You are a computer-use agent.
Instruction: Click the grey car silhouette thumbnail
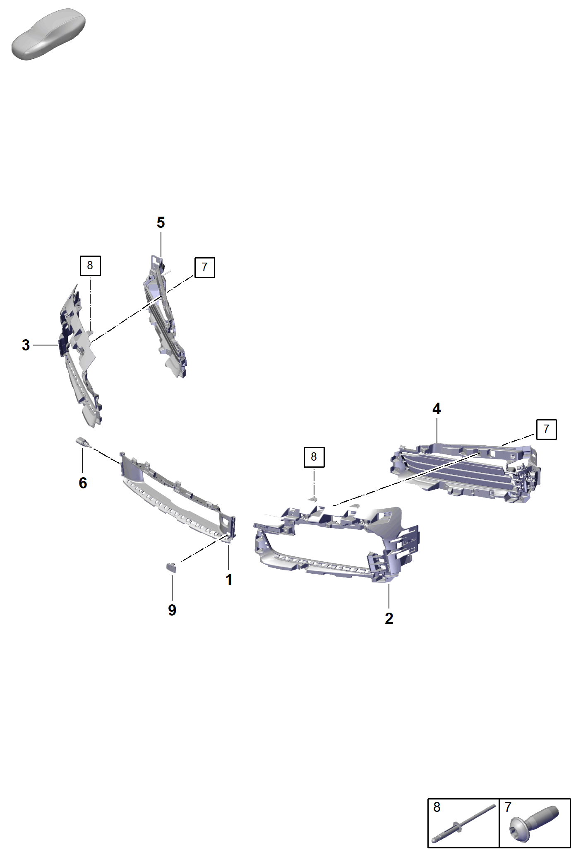coord(48,34)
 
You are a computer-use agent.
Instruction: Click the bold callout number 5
coord(161,222)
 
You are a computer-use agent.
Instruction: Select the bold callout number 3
coord(26,345)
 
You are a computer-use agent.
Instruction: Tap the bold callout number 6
coord(83,483)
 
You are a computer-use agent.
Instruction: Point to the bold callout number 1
coord(228,580)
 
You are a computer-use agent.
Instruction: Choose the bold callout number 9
coord(172,610)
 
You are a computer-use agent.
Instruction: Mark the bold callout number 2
coord(389,618)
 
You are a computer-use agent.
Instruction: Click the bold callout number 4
coord(437,408)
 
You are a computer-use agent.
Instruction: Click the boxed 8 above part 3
coord(90,266)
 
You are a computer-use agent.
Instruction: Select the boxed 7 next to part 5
coord(204,267)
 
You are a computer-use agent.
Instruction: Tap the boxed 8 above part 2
coord(314,457)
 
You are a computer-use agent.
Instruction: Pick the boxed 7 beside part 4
coord(546,429)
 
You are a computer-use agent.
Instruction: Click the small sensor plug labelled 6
coord(82,442)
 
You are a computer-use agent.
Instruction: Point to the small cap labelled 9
coord(171,568)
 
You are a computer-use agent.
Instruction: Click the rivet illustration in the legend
coord(464,824)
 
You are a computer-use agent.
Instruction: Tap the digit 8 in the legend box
coord(437,807)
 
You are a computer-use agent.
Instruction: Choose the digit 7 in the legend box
coord(508,807)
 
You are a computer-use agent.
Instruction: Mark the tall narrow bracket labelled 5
coord(165,317)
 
